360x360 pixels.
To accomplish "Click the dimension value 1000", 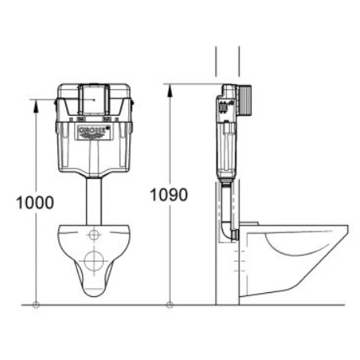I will (35, 202).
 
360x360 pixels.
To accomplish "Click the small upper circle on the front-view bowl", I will (94, 235).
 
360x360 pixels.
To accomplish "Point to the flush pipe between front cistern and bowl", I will (93, 200).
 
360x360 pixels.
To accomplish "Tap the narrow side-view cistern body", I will (227, 134).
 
